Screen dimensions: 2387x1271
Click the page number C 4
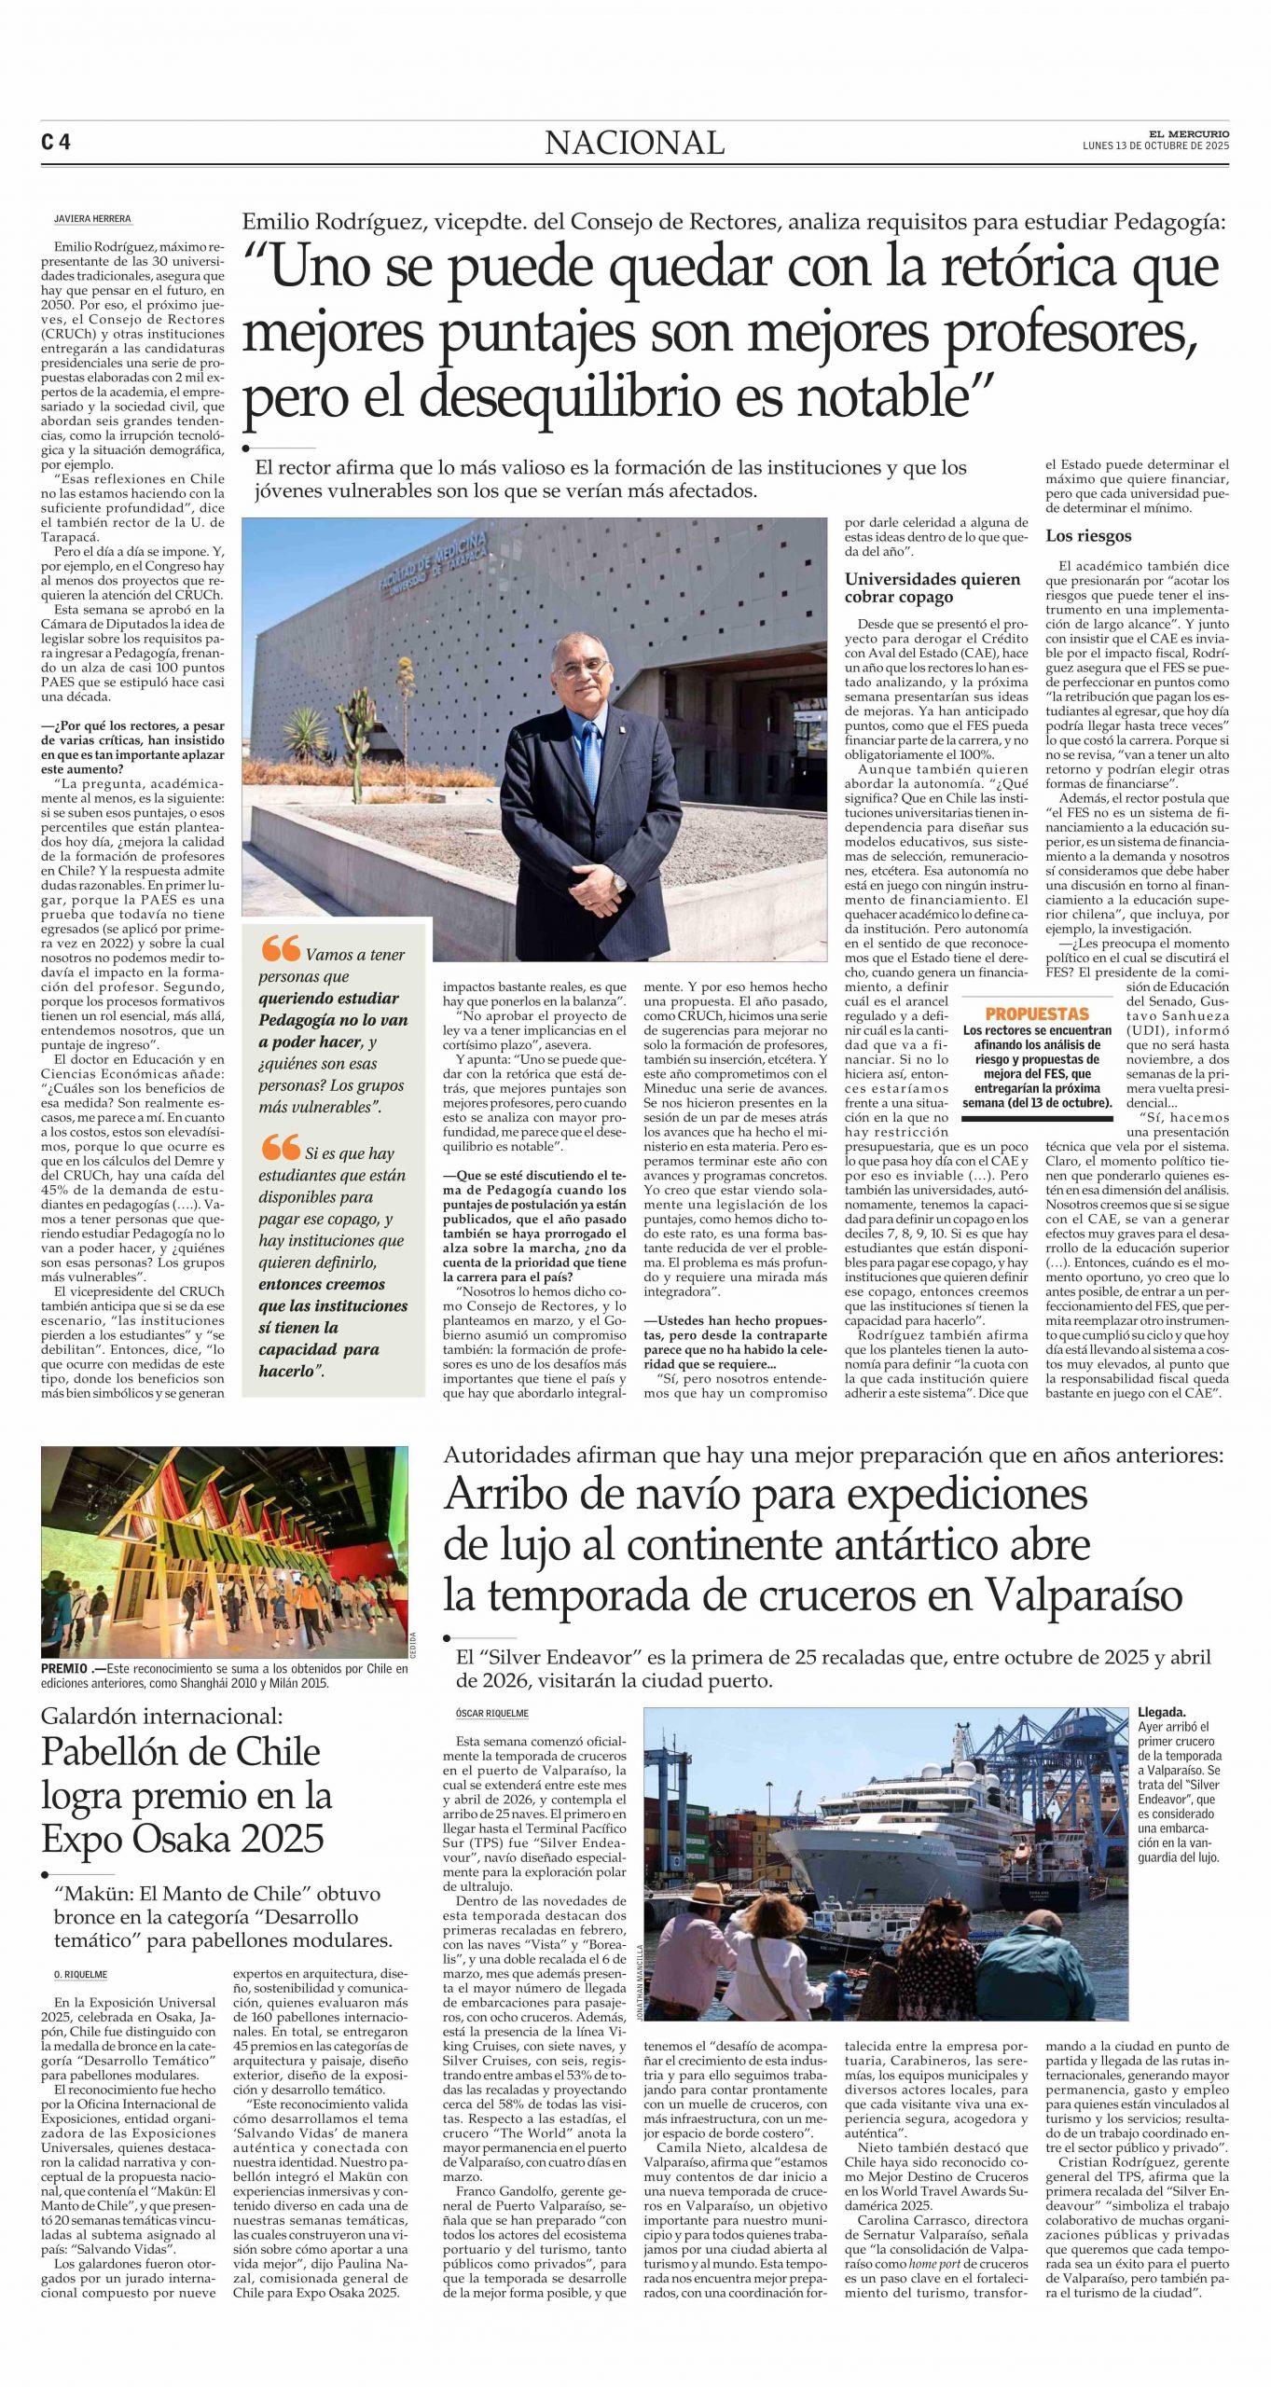tap(56, 143)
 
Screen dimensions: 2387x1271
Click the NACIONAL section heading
tap(634, 143)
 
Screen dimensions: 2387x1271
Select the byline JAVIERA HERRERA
tap(92, 219)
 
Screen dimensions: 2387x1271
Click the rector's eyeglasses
tap(580, 669)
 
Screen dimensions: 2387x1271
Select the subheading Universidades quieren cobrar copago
tap(919, 588)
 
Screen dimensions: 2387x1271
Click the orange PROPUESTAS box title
tap(1037, 1014)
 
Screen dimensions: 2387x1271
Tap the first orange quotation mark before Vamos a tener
tap(280, 948)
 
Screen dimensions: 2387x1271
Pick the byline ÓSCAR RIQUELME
tap(491, 1713)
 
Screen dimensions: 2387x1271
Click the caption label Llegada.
tap(1161, 1712)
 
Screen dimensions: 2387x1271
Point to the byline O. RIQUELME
tap(80, 1974)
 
